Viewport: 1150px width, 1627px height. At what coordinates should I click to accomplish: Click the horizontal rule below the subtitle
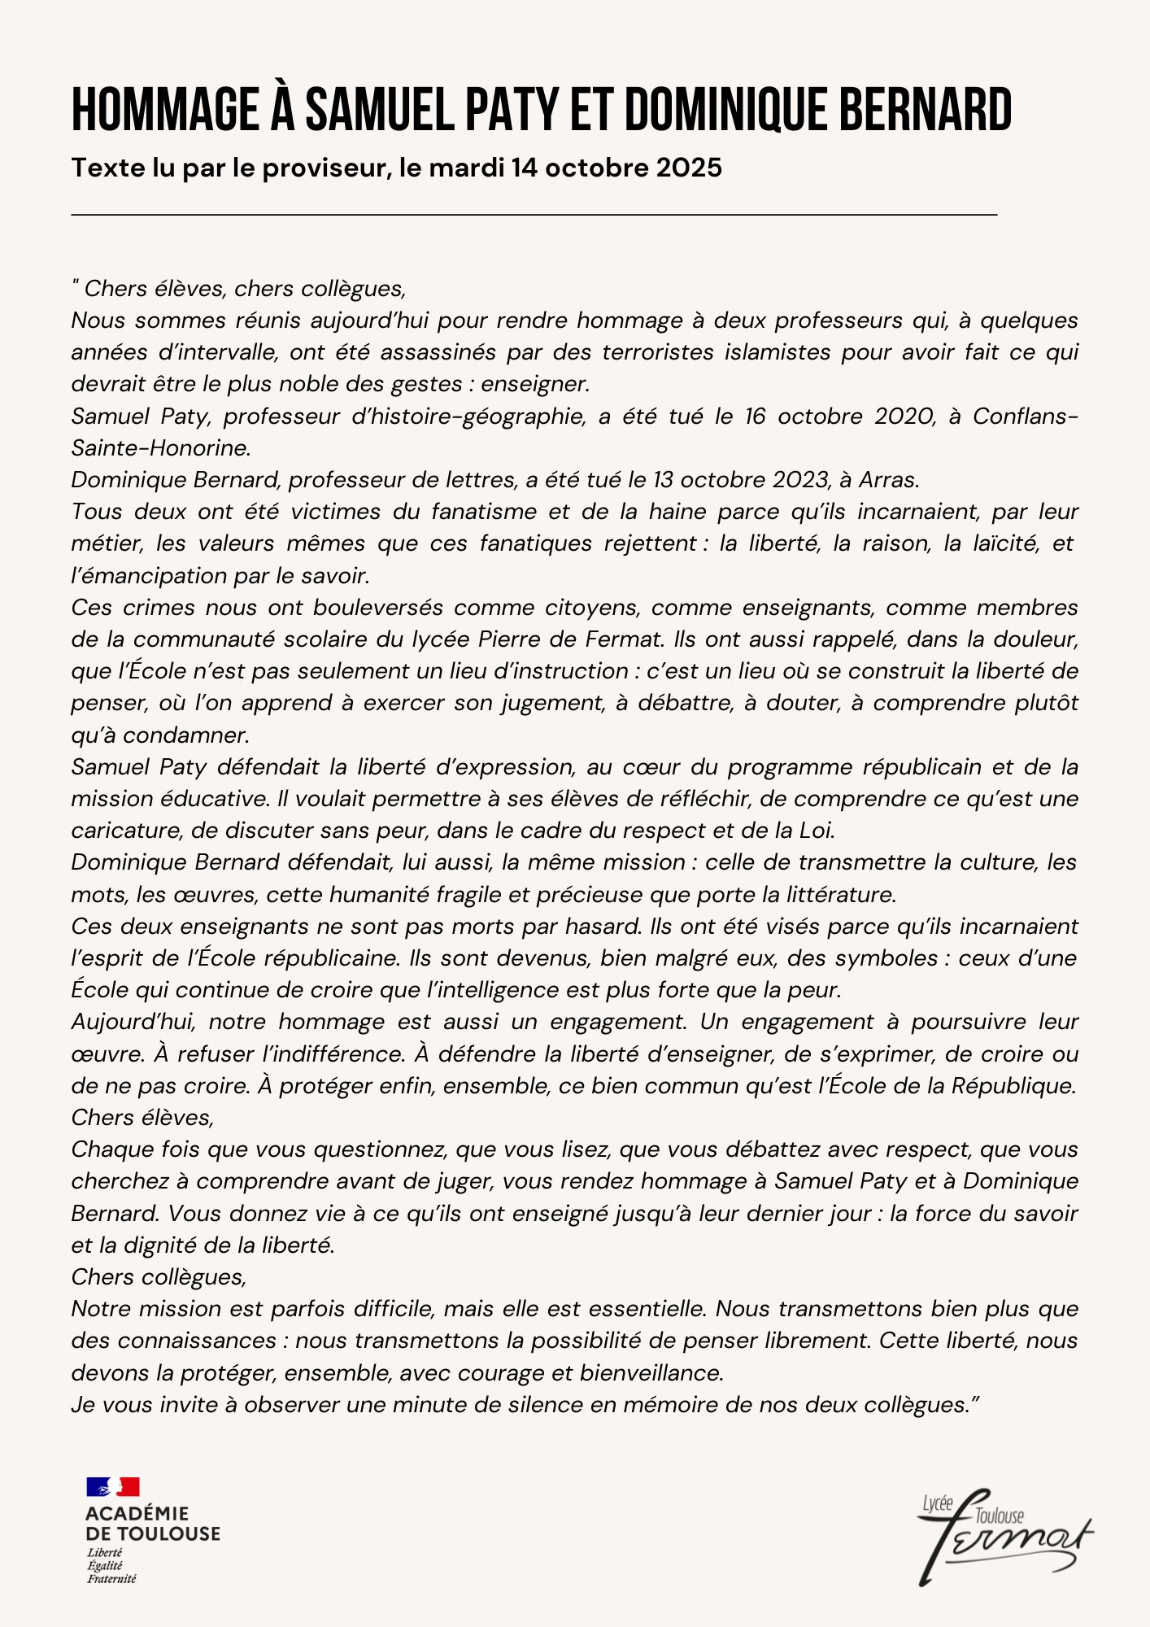click(x=534, y=215)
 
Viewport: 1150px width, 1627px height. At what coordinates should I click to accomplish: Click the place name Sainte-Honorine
click(x=159, y=447)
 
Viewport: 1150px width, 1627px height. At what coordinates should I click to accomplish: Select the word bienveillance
click(x=651, y=1372)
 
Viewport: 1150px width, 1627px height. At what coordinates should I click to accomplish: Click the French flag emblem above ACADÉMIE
click(x=113, y=1487)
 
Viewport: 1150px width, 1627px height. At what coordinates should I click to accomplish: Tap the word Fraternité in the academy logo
click(x=111, y=1579)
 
